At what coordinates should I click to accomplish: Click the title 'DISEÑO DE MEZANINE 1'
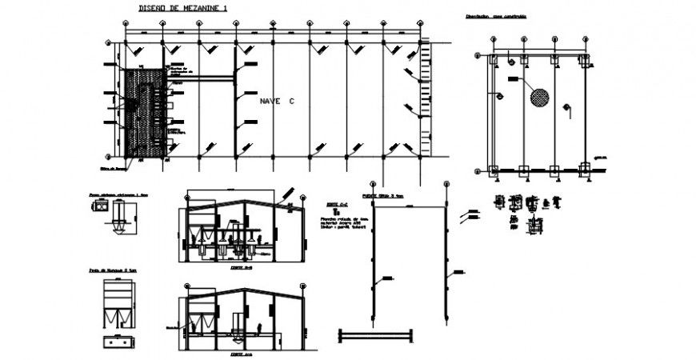(173, 7)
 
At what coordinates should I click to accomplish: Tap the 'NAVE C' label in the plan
(277, 102)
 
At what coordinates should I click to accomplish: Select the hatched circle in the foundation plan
(539, 97)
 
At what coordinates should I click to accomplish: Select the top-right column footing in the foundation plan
(584, 60)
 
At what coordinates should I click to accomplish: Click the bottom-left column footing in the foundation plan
(493, 170)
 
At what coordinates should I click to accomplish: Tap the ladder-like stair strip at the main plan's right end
(425, 100)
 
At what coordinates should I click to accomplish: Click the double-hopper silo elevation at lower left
(118, 306)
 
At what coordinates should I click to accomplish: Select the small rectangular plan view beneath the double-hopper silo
(118, 340)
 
